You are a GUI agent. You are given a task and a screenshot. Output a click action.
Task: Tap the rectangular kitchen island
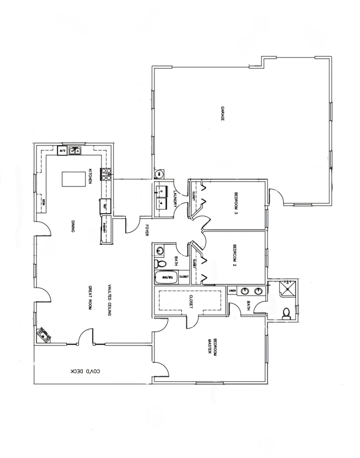point(70,179)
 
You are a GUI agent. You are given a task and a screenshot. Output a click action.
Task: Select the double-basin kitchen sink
point(74,151)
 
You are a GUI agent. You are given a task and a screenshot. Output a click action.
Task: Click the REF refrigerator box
point(105,206)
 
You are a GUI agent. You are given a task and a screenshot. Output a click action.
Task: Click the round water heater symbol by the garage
point(158,174)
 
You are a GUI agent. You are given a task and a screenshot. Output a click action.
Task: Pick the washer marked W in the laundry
point(161,203)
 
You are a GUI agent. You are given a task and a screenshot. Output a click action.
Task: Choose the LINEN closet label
point(232,290)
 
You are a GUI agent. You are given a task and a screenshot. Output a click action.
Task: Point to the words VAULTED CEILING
point(109,300)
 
